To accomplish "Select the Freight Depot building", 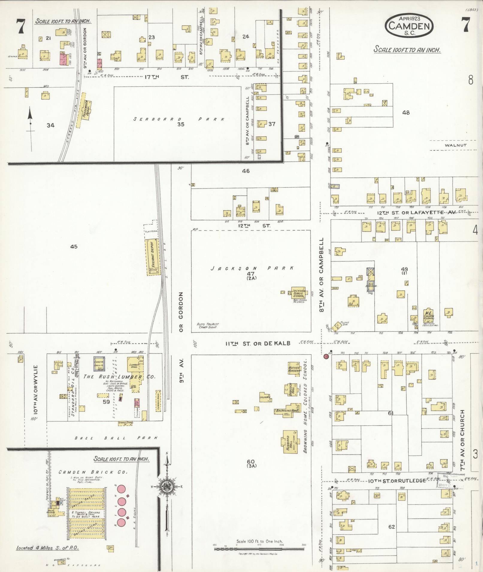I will click(153, 257).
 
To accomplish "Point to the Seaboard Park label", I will click(179, 119).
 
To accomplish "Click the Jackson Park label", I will click(252, 268).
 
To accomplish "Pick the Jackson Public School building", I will click(299, 293).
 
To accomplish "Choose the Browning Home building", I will click(287, 411).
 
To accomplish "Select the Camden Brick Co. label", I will click(93, 472).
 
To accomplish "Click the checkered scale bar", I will click(259, 549).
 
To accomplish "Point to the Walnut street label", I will click(455, 145).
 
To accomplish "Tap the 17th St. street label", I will click(166, 77).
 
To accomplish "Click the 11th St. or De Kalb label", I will click(258, 343).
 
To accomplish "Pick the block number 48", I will click(406, 113).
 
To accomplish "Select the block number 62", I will click(391, 527).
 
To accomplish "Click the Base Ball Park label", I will click(116, 438).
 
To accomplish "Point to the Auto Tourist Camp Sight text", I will click(208, 326).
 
